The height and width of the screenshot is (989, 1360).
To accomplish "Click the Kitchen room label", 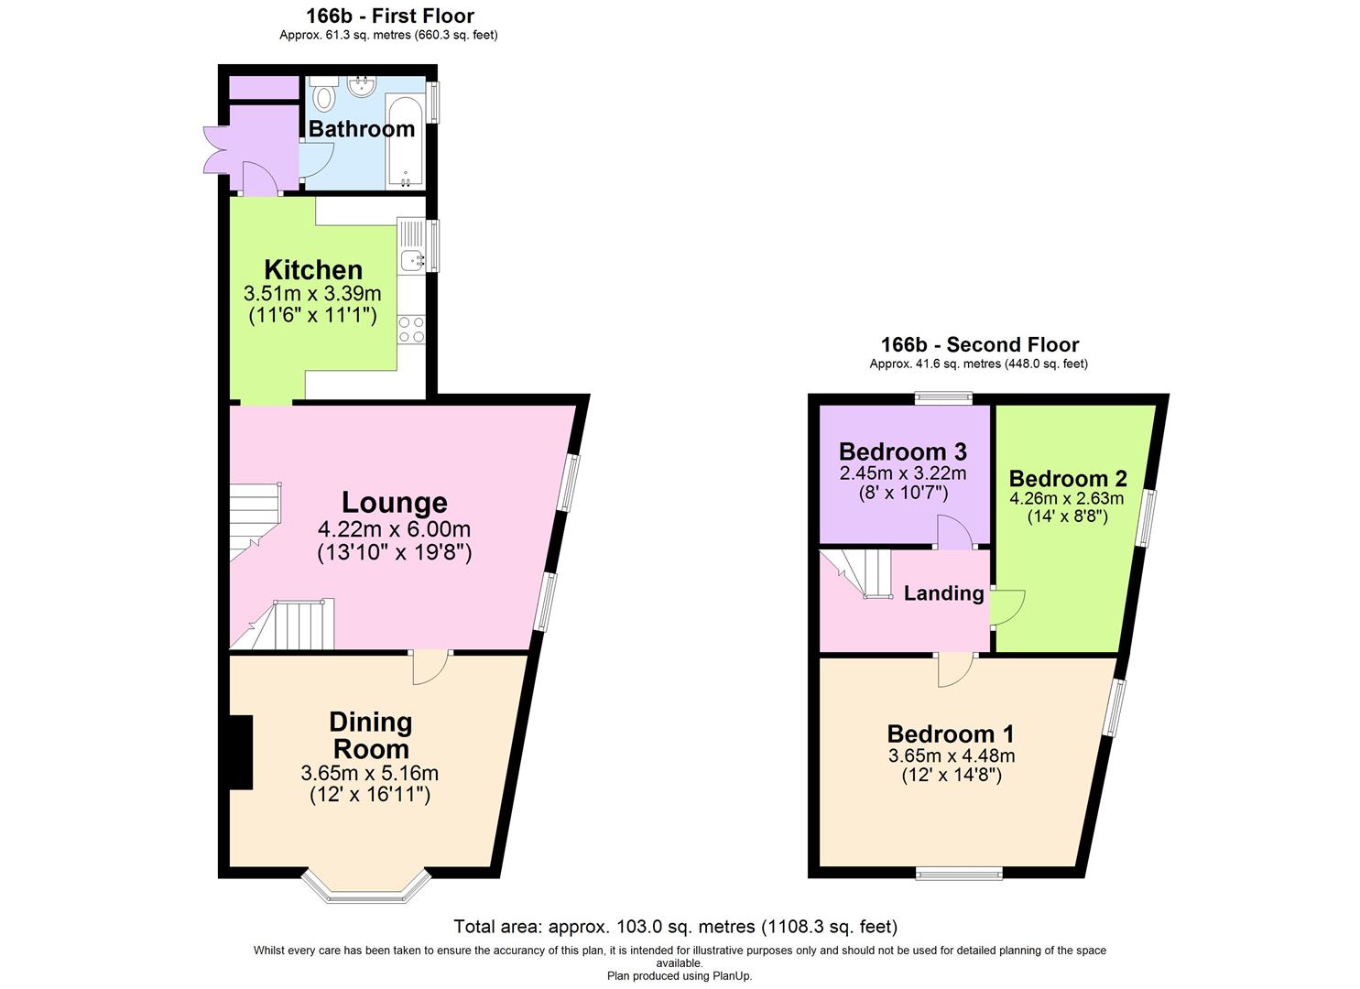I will [313, 270].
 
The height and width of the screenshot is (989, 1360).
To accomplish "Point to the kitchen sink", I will [411, 260].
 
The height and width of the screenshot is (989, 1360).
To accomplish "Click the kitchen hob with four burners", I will [411, 329].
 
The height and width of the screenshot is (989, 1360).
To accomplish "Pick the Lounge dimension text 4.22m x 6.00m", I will [394, 529].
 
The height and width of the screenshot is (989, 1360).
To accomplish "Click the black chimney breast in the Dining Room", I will [240, 752].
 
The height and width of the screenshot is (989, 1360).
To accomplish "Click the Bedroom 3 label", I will [902, 451].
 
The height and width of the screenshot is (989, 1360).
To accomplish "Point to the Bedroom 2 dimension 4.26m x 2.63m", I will [1067, 499].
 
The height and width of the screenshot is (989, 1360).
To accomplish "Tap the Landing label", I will [943, 593].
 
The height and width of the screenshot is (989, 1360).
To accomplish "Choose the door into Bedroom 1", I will [955, 669].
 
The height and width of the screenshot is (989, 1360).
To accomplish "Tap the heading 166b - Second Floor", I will [979, 345].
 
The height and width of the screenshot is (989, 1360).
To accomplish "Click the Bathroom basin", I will [364, 87].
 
